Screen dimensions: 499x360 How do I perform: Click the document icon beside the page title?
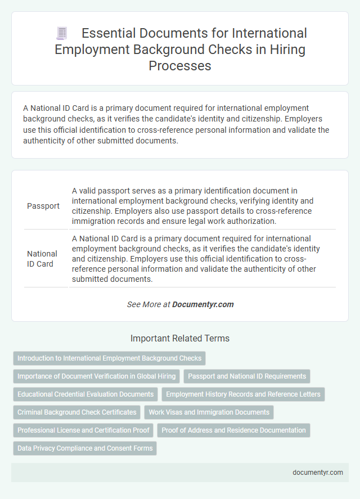point(62,34)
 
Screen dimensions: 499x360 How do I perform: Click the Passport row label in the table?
point(43,206)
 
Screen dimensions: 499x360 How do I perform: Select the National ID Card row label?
point(42,258)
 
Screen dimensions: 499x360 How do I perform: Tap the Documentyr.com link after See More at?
point(202,304)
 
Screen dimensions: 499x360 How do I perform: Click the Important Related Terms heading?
point(180,339)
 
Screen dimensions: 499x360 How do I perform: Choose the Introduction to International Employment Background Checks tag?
point(109,358)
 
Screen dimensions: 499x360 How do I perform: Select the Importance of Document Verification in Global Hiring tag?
point(96,376)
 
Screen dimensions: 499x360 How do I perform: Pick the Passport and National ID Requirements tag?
point(247,376)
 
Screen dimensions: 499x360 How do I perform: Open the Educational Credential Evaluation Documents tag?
point(85,394)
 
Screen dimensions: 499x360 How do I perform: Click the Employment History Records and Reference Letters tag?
point(243,394)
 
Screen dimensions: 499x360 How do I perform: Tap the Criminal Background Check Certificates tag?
point(77,412)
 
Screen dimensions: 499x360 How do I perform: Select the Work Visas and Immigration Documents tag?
point(209,412)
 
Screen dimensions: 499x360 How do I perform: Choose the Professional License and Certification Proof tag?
point(83,430)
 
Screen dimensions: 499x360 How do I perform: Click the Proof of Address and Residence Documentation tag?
point(233,430)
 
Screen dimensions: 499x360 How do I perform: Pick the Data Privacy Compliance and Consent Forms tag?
point(85,448)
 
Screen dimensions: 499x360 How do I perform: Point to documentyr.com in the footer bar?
point(318,473)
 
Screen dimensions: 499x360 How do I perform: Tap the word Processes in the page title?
point(180,65)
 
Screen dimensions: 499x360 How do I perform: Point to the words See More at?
point(148,304)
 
